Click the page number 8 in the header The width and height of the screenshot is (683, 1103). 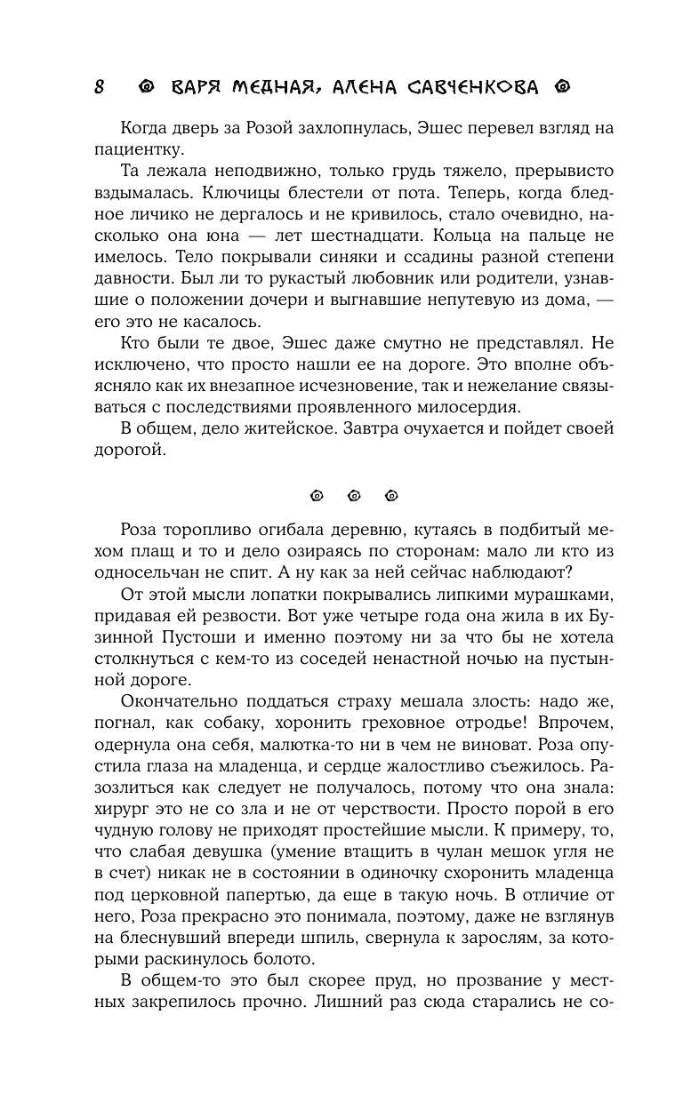click(x=100, y=87)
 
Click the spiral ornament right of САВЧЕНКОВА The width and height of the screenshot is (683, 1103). click(x=560, y=87)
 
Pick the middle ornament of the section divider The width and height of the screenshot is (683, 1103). click(x=353, y=496)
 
